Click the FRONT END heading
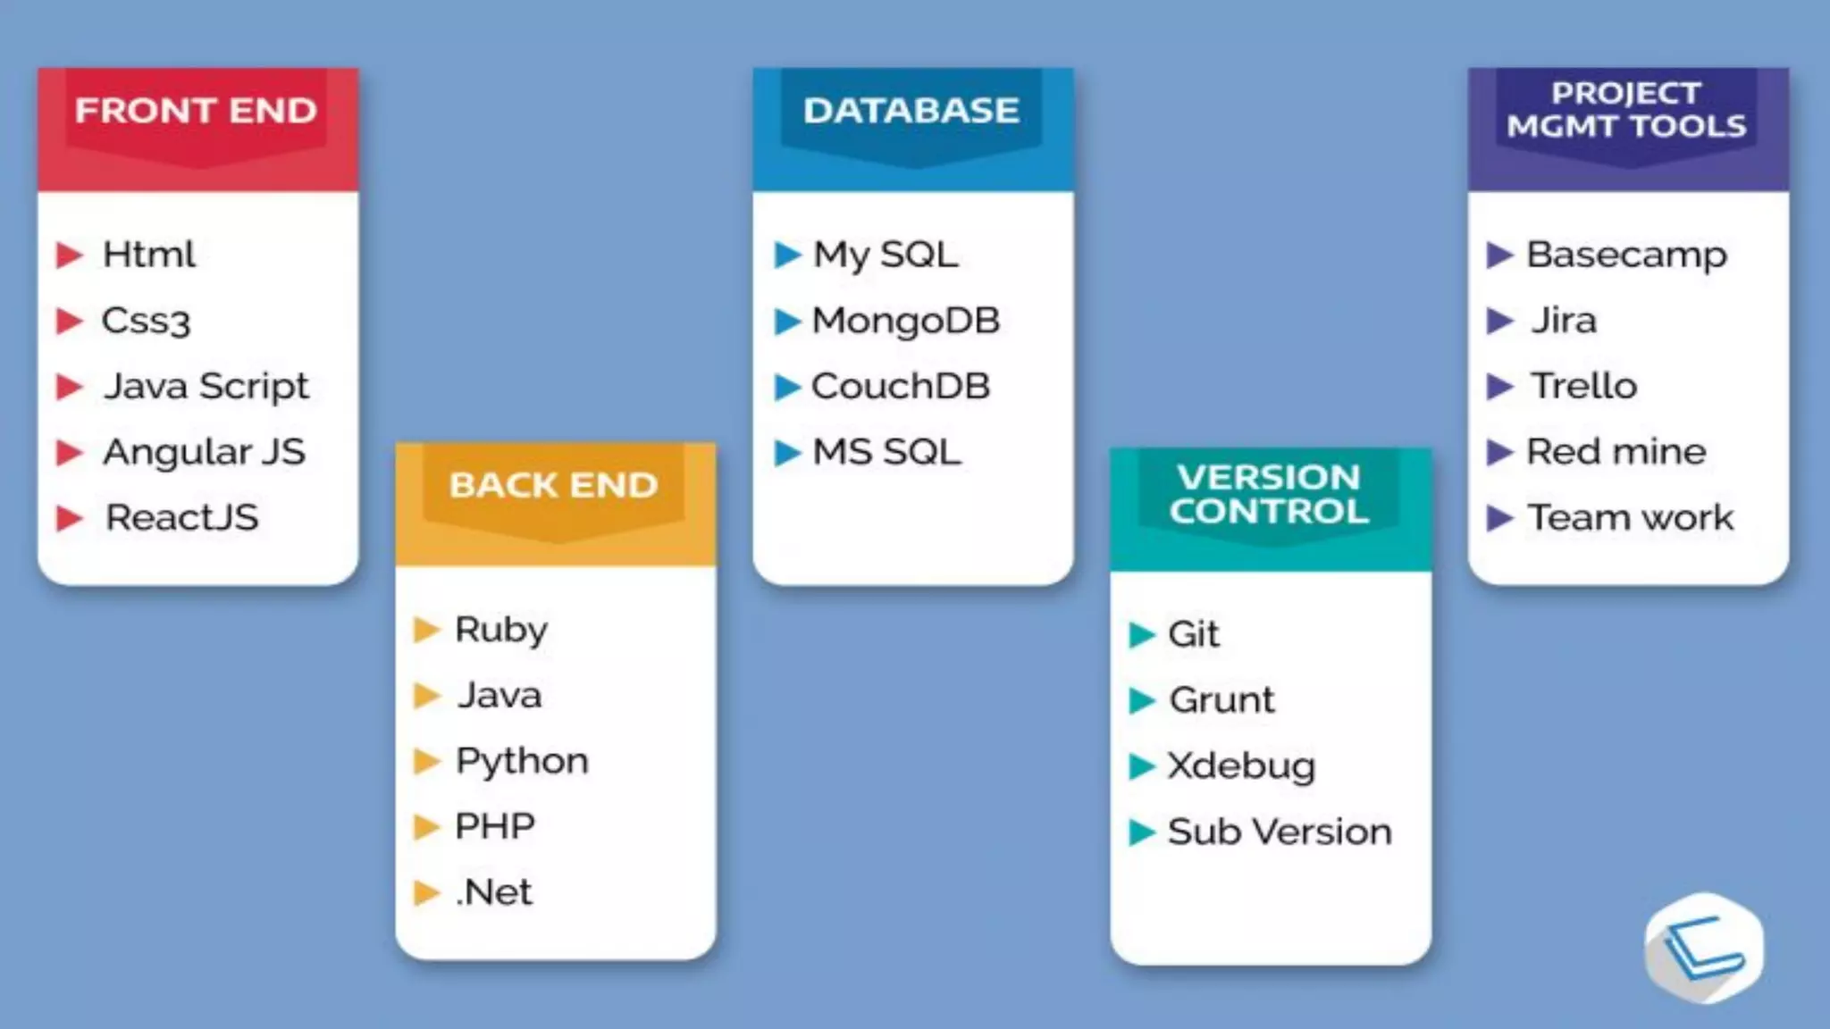click(196, 111)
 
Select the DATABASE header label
click(911, 111)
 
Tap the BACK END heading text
click(553, 485)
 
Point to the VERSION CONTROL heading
click(1269, 494)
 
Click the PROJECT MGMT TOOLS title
click(1626, 110)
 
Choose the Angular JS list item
click(204, 452)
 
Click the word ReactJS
click(182, 517)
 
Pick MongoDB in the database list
click(905, 321)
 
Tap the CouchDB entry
click(901, 387)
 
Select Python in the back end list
click(522, 761)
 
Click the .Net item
click(494, 892)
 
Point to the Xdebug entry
click(1241, 766)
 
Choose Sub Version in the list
click(1280, 832)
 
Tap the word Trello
click(1583, 387)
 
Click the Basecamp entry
click(1626, 255)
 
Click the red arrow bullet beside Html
click(69, 255)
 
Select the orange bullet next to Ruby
click(426, 630)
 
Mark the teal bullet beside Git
click(1141, 635)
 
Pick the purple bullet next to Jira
click(1499, 321)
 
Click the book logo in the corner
click(1703, 948)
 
